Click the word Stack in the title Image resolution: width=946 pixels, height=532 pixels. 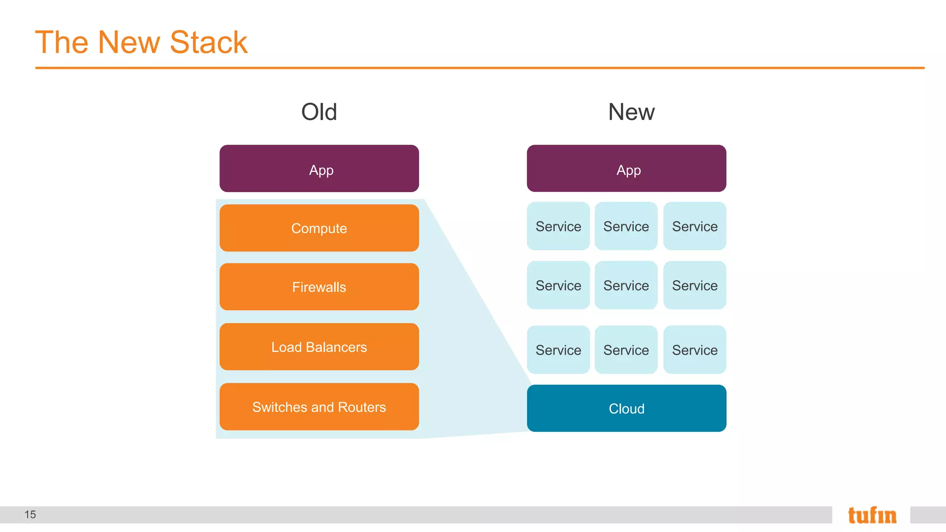[208, 42]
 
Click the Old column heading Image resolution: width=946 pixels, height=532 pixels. [319, 112]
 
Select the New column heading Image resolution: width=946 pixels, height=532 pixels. [631, 112]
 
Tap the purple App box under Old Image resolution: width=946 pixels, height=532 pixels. [319, 169]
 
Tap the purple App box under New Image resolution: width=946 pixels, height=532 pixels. [626, 169]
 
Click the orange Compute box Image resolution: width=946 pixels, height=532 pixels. [319, 228]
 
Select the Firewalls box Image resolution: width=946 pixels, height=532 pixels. [319, 287]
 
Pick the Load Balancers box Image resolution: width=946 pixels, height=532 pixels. [319, 347]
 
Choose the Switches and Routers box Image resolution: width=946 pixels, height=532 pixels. [319, 407]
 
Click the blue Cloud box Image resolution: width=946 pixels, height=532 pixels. [626, 408]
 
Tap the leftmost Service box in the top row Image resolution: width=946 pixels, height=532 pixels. [558, 226]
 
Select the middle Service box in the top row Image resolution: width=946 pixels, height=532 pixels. [626, 226]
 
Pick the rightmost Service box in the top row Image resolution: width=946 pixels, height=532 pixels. [694, 226]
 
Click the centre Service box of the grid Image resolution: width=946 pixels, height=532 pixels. [626, 285]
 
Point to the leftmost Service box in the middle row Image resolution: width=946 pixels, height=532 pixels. [558, 285]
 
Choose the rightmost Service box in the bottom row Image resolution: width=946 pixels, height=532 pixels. [694, 350]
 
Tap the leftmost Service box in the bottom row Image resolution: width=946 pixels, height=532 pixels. [558, 350]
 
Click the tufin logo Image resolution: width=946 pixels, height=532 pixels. [872, 515]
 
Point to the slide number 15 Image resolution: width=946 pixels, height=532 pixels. [30, 514]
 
